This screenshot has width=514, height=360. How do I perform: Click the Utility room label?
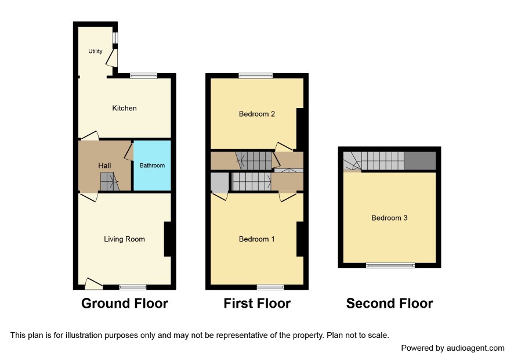click(x=95, y=51)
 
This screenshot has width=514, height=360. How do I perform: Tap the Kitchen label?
click(x=124, y=109)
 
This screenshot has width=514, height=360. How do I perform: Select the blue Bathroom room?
click(x=152, y=165)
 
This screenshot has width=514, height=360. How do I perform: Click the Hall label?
click(x=104, y=165)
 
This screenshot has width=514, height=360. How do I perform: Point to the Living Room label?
click(x=124, y=239)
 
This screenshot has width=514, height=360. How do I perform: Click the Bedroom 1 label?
click(x=256, y=239)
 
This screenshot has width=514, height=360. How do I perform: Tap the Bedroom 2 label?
click(x=256, y=114)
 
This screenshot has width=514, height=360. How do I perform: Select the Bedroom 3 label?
click(x=389, y=218)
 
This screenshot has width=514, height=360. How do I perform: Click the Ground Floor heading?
click(x=125, y=303)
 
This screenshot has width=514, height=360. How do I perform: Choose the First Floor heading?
click(x=257, y=303)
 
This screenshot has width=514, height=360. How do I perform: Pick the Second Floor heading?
click(x=389, y=303)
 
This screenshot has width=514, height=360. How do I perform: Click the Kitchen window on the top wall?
click(x=143, y=76)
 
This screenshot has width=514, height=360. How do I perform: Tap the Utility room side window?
click(x=115, y=37)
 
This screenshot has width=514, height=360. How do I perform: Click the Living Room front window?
click(x=133, y=287)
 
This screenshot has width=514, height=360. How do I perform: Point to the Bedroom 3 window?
click(x=390, y=265)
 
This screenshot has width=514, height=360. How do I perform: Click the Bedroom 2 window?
click(x=256, y=76)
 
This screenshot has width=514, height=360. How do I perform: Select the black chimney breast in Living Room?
click(x=168, y=239)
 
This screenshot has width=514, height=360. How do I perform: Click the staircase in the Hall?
click(x=109, y=182)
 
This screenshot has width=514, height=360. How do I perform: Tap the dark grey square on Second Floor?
click(x=420, y=161)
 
